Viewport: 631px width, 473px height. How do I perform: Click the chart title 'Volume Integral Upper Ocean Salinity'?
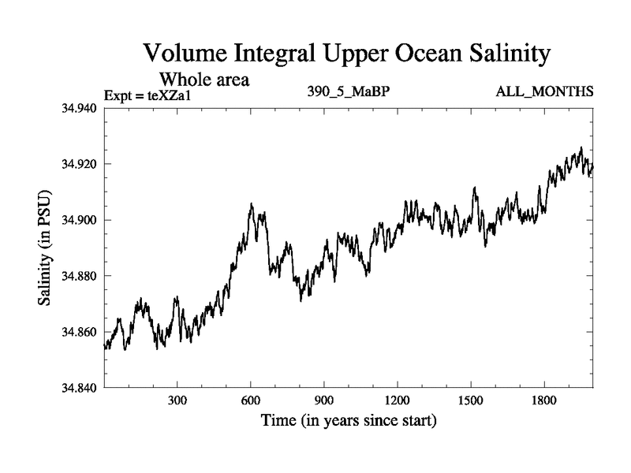[344, 54]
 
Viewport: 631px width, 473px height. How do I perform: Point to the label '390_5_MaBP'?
[349, 92]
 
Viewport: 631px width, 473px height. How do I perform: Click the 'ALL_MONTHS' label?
[544, 92]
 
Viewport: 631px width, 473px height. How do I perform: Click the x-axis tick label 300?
[177, 400]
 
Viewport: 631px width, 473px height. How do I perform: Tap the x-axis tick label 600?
[251, 400]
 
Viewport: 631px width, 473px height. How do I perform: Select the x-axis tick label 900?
[324, 400]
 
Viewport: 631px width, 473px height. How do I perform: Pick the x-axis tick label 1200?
[398, 400]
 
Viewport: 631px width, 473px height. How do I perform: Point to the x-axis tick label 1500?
[470, 400]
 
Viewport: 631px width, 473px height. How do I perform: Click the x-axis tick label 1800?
[543, 400]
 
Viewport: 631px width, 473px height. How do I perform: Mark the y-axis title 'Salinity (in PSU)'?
[45, 248]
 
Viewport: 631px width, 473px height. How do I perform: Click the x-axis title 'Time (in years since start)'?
[349, 421]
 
